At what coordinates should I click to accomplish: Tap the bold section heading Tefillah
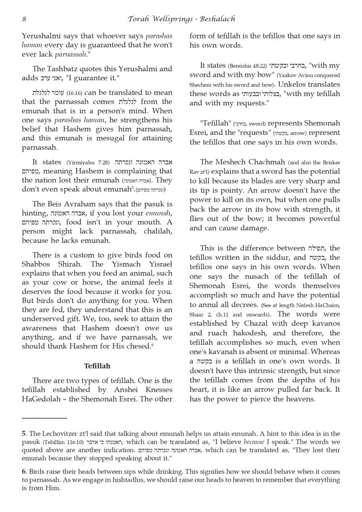tap(97, 366)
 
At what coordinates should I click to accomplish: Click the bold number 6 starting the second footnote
tap(24, 471)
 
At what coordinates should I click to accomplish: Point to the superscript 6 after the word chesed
tap(152, 344)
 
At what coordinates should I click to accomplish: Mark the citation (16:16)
tap(77, 93)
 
